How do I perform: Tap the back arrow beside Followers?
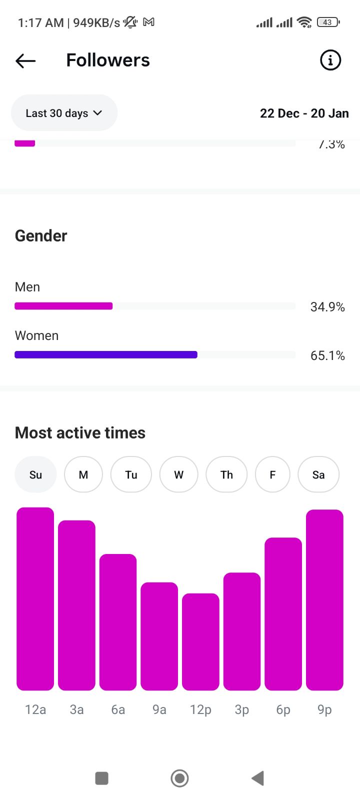click(x=25, y=61)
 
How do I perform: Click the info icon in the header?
click(x=330, y=60)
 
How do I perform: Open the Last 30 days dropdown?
click(x=64, y=113)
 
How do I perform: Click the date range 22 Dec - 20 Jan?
click(x=304, y=113)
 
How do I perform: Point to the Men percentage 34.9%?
click(x=327, y=307)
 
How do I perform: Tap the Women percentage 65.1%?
click(x=327, y=355)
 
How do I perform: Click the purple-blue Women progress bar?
click(x=106, y=355)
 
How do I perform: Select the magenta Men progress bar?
click(x=63, y=306)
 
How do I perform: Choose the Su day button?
click(x=35, y=474)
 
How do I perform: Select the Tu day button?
click(x=131, y=474)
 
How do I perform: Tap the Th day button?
click(x=226, y=474)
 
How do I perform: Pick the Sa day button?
click(x=318, y=474)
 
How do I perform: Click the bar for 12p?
click(x=200, y=642)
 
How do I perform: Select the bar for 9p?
click(x=324, y=600)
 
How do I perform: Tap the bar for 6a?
click(x=118, y=622)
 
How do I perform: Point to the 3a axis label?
click(x=76, y=709)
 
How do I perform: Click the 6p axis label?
click(x=283, y=709)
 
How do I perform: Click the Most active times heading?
click(x=80, y=432)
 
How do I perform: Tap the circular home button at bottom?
click(x=179, y=778)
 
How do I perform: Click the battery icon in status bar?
click(x=328, y=22)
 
